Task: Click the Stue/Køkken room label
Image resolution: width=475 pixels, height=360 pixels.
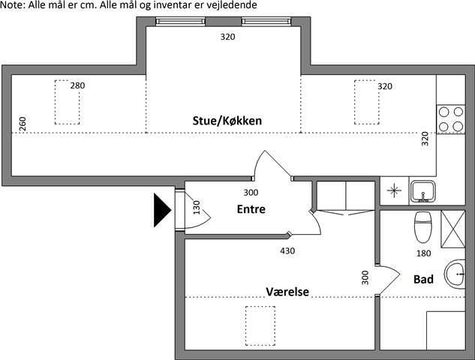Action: [x=224, y=120]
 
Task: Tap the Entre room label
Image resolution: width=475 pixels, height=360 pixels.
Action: [x=251, y=209]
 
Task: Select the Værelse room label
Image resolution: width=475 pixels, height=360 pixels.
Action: [x=287, y=291]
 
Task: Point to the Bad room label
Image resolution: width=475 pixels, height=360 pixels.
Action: [x=423, y=280]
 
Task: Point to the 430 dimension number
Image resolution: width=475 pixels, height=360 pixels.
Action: [x=287, y=251]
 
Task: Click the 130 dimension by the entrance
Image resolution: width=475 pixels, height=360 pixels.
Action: [x=197, y=207]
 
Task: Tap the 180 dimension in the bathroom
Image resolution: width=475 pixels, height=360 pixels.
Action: [x=424, y=253]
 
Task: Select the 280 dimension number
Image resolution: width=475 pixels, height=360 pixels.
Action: [x=77, y=86]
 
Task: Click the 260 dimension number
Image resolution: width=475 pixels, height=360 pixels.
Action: [x=23, y=124]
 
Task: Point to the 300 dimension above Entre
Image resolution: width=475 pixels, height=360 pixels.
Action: [x=240, y=192]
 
